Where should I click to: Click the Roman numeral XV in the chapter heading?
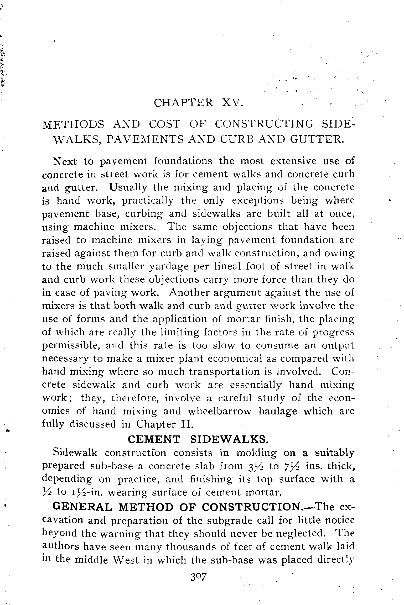tap(231, 103)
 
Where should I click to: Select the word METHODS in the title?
tap(73, 124)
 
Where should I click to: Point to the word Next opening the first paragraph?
tap(65, 161)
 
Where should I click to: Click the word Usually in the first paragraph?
tap(129, 187)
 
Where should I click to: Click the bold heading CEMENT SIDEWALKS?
tap(198, 439)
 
